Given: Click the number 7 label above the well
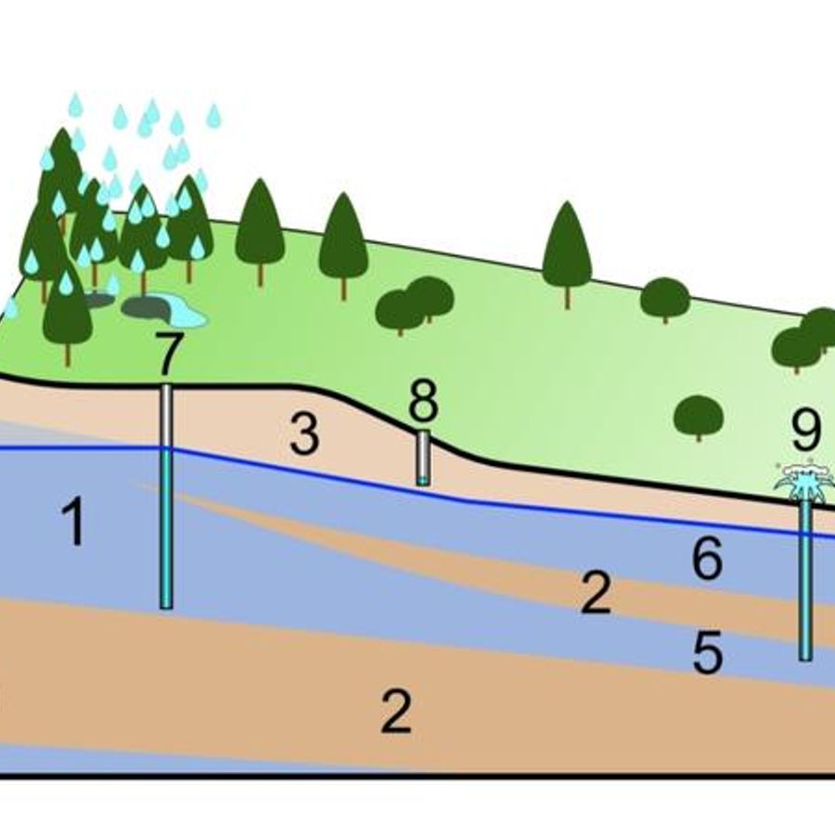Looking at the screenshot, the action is [x=170, y=353].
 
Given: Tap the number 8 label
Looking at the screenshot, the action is [x=424, y=399].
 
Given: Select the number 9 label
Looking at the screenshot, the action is [x=805, y=430].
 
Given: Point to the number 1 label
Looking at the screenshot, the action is [x=74, y=521].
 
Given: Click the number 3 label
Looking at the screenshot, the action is [x=304, y=435].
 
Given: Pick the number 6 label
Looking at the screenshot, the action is [x=707, y=558].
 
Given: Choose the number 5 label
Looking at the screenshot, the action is [x=708, y=652].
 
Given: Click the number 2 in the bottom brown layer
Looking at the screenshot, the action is [x=397, y=712].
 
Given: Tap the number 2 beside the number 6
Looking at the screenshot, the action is [x=596, y=592].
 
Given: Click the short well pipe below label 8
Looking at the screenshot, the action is [x=423, y=458].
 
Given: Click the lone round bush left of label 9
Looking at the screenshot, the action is [x=699, y=417].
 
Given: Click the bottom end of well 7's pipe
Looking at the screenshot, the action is [x=166, y=607].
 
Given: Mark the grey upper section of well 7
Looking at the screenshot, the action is [x=166, y=417].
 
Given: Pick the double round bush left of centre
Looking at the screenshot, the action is [x=415, y=305].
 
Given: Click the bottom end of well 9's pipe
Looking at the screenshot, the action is [x=805, y=659].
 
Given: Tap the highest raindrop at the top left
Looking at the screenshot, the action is [x=76, y=104].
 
